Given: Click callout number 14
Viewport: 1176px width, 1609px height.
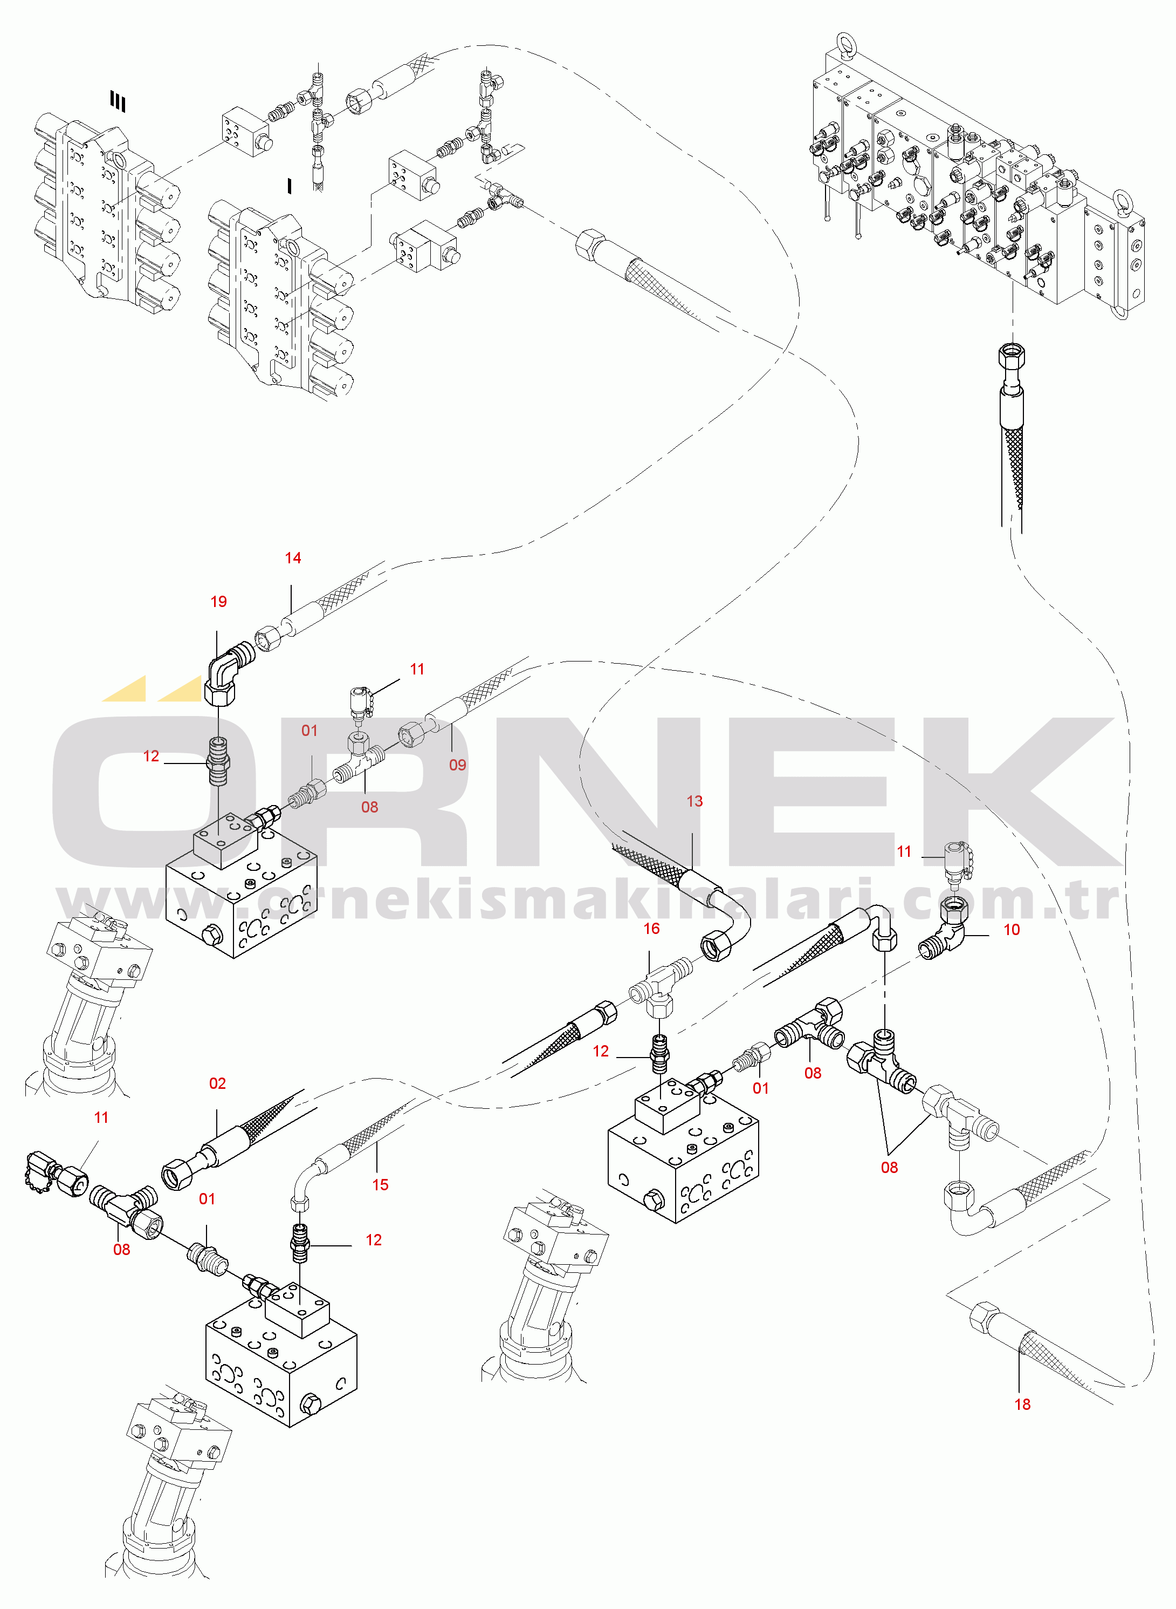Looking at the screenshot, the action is pyautogui.click(x=293, y=558).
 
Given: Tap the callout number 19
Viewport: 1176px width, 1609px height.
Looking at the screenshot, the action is pyautogui.click(x=218, y=602).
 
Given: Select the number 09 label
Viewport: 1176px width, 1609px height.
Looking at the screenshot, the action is pyautogui.click(x=458, y=765).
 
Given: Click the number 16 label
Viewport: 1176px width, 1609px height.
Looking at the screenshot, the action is pyautogui.click(x=651, y=929).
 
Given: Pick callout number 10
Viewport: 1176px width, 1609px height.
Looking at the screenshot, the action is pyautogui.click(x=1012, y=930).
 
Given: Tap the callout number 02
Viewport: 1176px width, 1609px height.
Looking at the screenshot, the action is pyautogui.click(x=217, y=1083).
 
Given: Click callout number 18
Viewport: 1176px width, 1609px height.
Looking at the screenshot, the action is pyautogui.click(x=1022, y=1404).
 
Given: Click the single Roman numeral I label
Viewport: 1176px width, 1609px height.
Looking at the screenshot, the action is pyautogui.click(x=289, y=187).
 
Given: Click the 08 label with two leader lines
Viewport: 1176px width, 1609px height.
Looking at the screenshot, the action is pyautogui.click(x=889, y=1168).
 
